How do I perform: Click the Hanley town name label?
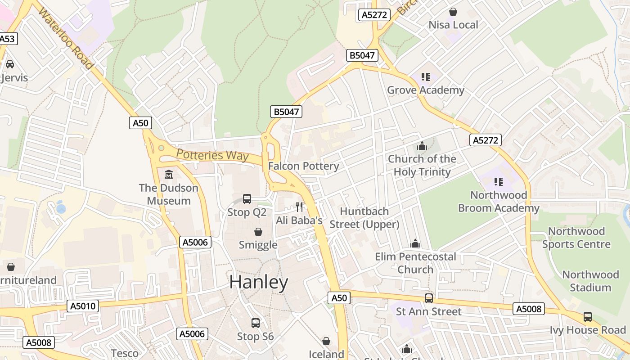click(x=259, y=282)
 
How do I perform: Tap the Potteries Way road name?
click(x=212, y=155)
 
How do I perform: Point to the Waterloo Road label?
click(x=66, y=38)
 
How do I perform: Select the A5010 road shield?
click(x=83, y=306)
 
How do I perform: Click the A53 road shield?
click(x=8, y=39)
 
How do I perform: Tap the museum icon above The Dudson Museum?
click(x=168, y=174)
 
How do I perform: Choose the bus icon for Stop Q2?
click(x=247, y=198)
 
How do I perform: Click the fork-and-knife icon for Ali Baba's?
click(x=299, y=207)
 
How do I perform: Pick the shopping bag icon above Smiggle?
click(x=258, y=232)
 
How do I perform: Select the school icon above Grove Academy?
click(x=425, y=77)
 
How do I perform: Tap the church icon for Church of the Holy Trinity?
click(x=422, y=146)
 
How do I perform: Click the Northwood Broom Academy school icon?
click(x=498, y=182)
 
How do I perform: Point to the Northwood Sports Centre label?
click(x=576, y=238)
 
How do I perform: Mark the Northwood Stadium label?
click(x=590, y=281)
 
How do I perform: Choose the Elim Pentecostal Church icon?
click(x=415, y=243)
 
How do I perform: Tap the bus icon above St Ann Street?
click(x=429, y=298)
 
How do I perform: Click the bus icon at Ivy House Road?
click(x=588, y=316)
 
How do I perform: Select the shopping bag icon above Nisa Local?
click(x=453, y=11)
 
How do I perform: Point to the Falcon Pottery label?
click(x=304, y=166)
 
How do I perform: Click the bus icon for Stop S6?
click(x=255, y=323)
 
